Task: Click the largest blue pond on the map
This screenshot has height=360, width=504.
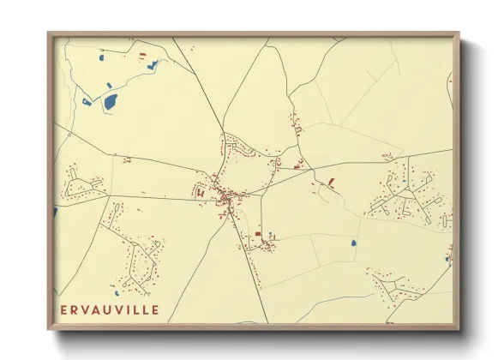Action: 111,102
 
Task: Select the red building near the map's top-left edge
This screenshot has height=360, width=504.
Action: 142,55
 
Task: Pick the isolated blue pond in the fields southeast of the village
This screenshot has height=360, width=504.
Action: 353,243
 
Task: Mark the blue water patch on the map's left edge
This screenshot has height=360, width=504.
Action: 56,211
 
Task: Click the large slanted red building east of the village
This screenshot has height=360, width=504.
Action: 331,182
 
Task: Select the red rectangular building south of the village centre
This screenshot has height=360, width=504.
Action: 257,233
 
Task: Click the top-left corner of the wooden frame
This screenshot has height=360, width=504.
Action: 49,34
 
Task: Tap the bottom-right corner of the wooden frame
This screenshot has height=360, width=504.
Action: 459,328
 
